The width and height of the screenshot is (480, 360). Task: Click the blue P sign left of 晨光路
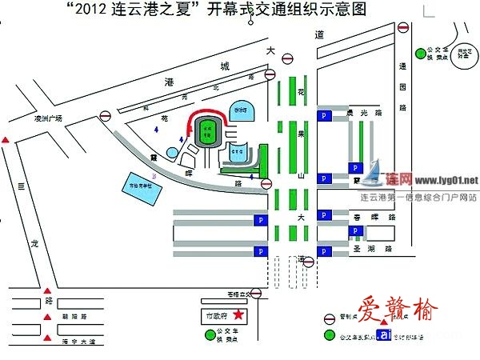pos(324,115)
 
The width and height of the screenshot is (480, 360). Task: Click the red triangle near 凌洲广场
pos(6,141)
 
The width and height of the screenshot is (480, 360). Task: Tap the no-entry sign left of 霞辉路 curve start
pos(106,117)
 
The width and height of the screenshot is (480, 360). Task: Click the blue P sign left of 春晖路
pos(324,215)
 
